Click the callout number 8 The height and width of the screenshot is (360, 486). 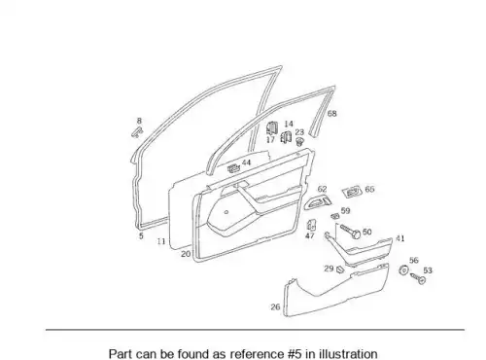click(139, 121)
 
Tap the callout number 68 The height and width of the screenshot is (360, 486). click(332, 114)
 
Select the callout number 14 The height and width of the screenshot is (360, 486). click(289, 124)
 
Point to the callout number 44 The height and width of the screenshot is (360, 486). click(246, 162)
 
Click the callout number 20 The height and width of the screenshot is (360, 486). click(186, 254)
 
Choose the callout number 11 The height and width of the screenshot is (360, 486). click(161, 241)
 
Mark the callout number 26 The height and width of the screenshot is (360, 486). click(275, 306)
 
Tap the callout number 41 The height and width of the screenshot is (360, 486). click(400, 238)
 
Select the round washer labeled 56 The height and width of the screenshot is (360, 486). click(403, 270)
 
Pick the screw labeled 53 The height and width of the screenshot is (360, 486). click(418, 278)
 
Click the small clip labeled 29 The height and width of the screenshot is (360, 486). click(340, 270)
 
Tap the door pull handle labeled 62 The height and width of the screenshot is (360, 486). click(318, 201)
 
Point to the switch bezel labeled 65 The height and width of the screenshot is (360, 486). click(352, 192)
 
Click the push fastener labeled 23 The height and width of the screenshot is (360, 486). click(300, 142)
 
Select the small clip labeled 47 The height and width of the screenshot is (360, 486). click(311, 225)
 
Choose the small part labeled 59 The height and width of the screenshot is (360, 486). click(334, 216)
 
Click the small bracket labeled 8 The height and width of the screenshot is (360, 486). click(137, 131)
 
